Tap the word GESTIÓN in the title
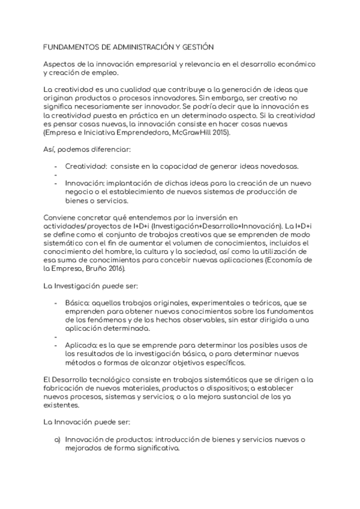point(197,46)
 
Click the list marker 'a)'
point(58,439)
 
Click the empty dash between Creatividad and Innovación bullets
point(56,175)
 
